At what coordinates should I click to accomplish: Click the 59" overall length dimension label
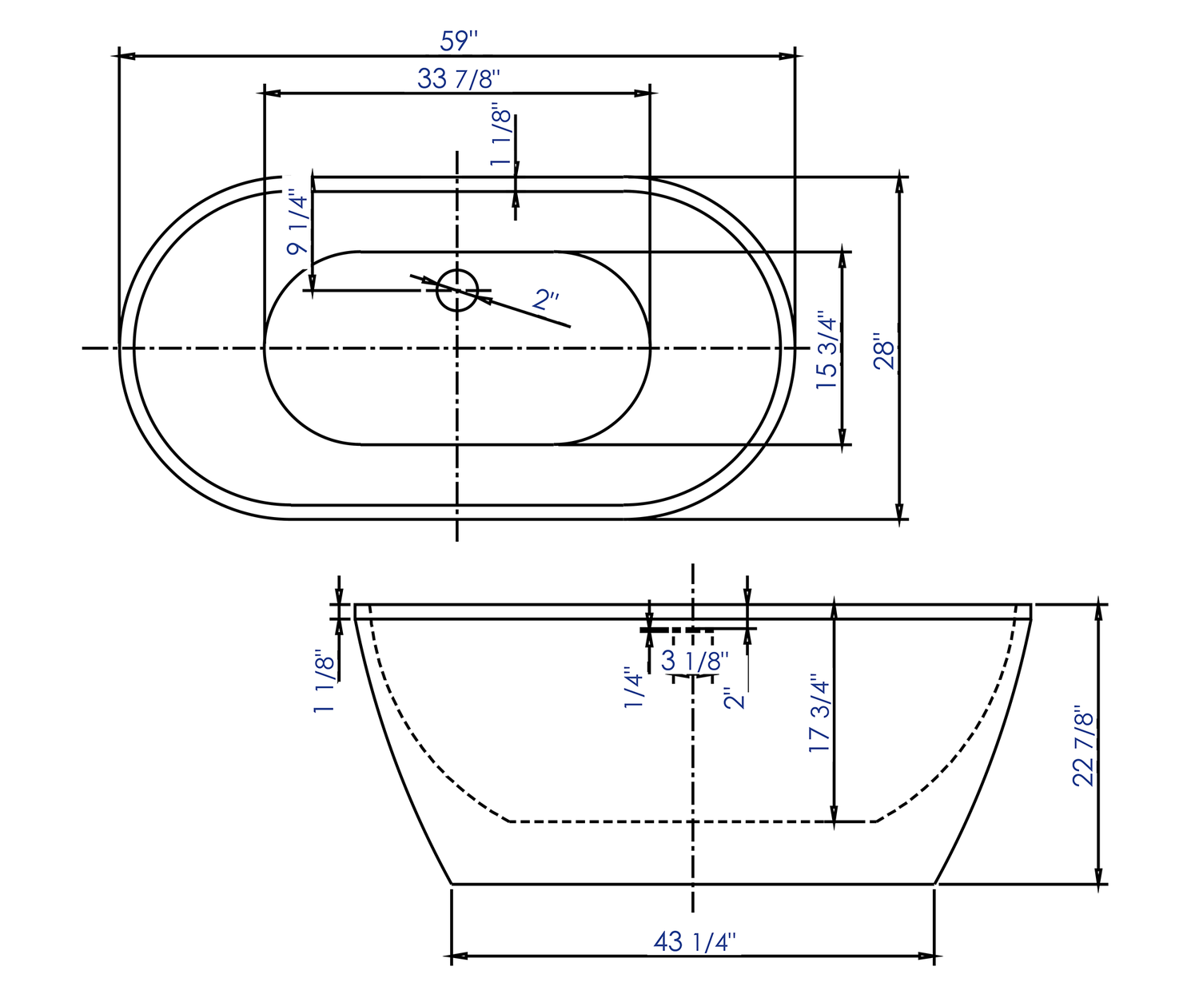pyautogui.click(x=459, y=40)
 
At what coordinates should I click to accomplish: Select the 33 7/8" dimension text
pyautogui.click(x=459, y=78)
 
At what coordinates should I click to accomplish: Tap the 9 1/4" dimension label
pyautogui.click(x=297, y=222)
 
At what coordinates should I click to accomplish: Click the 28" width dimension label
pyautogui.click(x=883, y=350)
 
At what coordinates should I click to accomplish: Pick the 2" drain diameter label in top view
pyautogui.click(x=546, y=300)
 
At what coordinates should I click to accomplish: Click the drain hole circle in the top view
pyautogui.click(x=457, y=289)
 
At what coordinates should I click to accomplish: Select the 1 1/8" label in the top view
pyautogui.click(x=501, y=134)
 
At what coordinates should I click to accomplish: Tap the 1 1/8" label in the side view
pyautogui.click(x=324, y=680)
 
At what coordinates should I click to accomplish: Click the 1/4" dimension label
pyautogui.click(x=634, y=687)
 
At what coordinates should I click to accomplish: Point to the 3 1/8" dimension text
pyautogui.click(x=695, y=661)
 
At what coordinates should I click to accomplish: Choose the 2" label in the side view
pyautogui.click(x=735, y=697)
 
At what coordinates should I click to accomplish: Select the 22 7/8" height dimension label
pyautogui.click(x=1083, y=746)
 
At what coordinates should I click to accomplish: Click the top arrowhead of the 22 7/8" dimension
pyautogui.click(x=1100, y=611)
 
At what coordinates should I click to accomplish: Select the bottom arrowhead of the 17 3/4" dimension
pyautogui.click(x=834, y=814)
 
